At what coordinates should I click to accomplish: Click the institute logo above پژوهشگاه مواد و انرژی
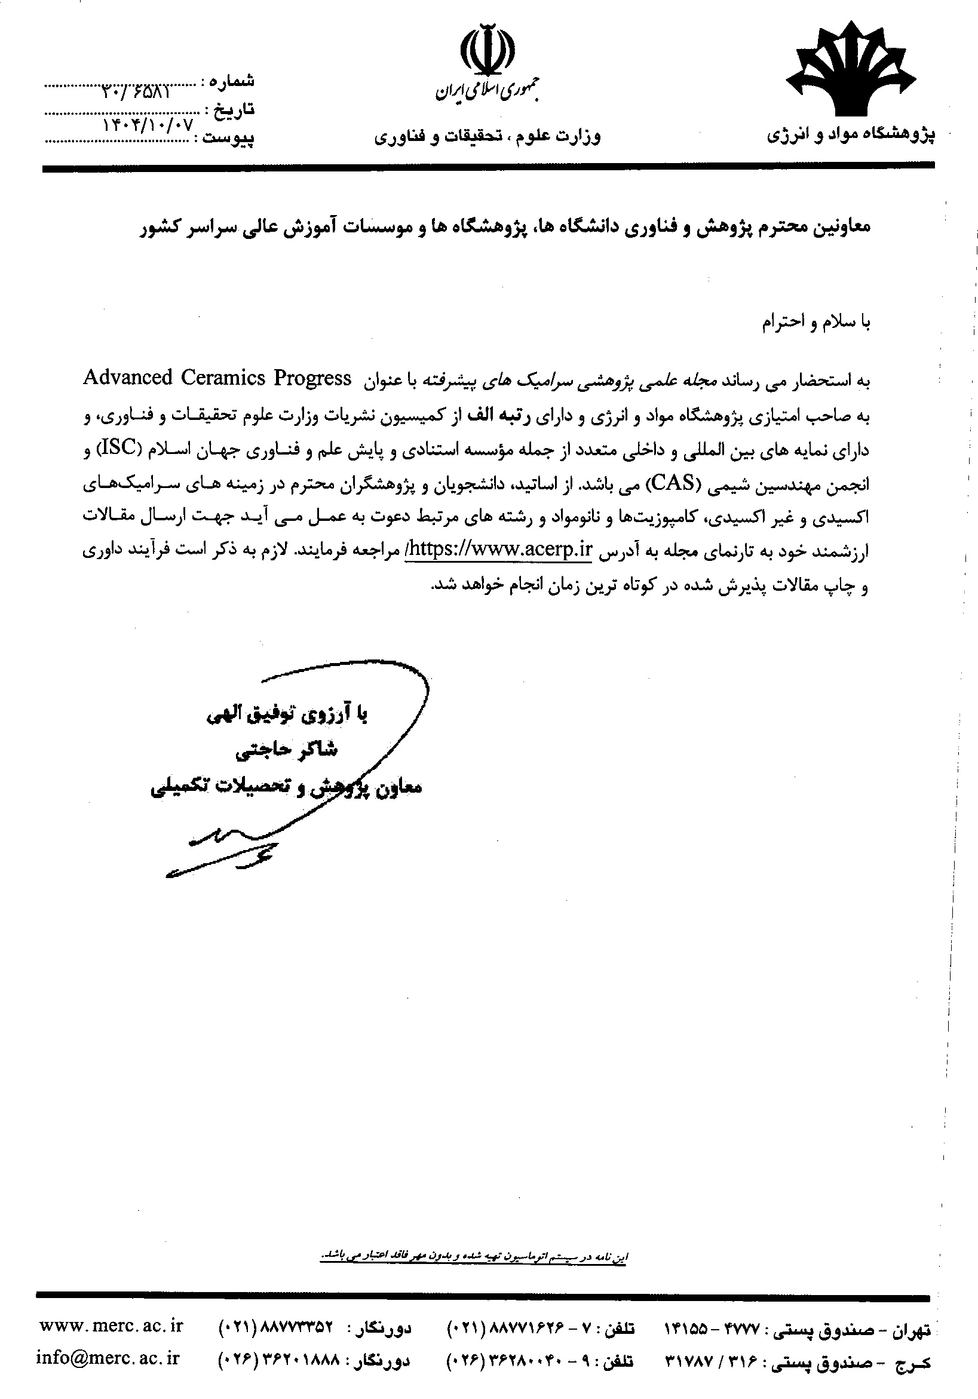coord(851,72)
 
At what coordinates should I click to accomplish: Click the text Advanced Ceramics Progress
coord(217,378)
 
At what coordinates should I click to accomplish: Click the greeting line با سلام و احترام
coord(817,323)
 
